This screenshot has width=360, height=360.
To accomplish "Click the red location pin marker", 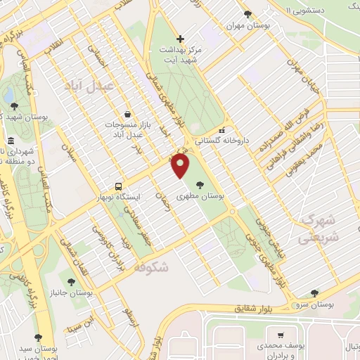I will point(181,166).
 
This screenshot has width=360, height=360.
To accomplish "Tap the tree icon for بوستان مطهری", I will point(200,185).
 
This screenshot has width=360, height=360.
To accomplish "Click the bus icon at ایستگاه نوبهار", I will point(118,187).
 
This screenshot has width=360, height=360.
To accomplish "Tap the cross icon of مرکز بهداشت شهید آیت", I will point(181,39).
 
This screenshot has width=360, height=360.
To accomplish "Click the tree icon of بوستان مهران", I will point(246,14).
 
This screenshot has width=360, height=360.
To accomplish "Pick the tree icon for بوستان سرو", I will point(314,293).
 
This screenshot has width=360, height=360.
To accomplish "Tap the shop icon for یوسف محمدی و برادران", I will point(281,335).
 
